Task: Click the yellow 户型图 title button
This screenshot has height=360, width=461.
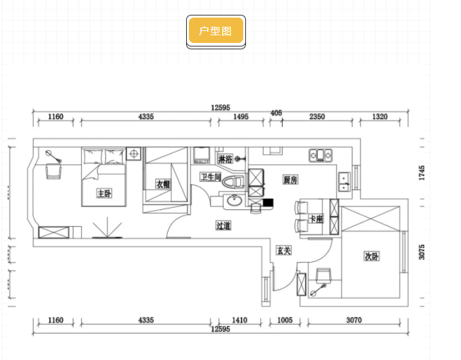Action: pos(216,31)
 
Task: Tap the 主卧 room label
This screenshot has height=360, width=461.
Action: pos(104,193)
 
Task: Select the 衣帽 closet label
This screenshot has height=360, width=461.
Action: pos(163,184)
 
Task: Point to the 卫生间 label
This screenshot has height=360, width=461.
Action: pos(210,177)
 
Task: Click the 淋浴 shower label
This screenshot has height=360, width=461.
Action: pos(225,159)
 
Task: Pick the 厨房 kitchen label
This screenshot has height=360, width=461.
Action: pos(290,179)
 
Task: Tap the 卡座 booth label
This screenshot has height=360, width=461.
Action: pos(316,220)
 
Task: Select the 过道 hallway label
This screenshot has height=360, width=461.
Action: pos(223,225)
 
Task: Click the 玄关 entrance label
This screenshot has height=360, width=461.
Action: pos(284,251)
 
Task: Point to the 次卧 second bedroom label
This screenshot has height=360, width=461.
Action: pos(371,256)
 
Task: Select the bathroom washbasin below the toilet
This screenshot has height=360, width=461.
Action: pos(233,202)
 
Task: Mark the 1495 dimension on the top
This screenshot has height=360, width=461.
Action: pos(240,117)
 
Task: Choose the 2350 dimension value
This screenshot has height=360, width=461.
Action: pos(316,117)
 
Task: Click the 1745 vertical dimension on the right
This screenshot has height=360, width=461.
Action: pos(422,173)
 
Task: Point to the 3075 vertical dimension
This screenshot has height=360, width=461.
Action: pos(422,252)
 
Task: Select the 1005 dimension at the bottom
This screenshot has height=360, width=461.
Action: pos(284,321)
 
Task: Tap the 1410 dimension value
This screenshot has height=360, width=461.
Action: pos(240,321)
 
